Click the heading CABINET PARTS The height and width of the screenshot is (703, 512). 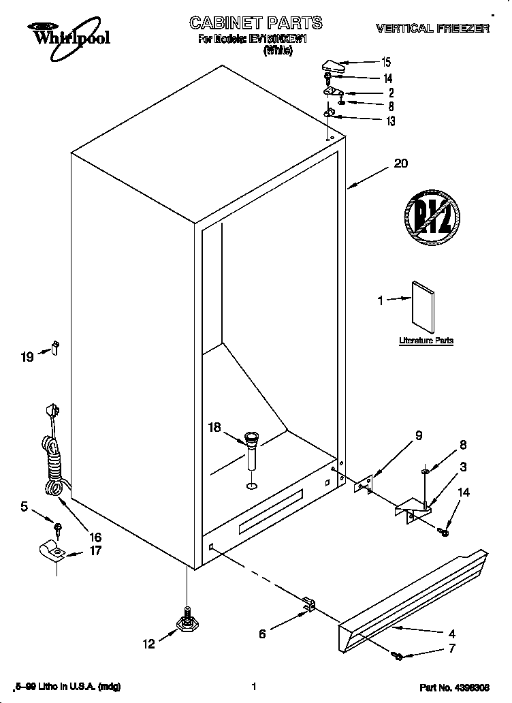255,24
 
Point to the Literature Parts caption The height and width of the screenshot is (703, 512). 426,340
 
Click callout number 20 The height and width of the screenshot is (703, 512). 401,163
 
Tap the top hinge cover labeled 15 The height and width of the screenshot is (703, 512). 333,65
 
